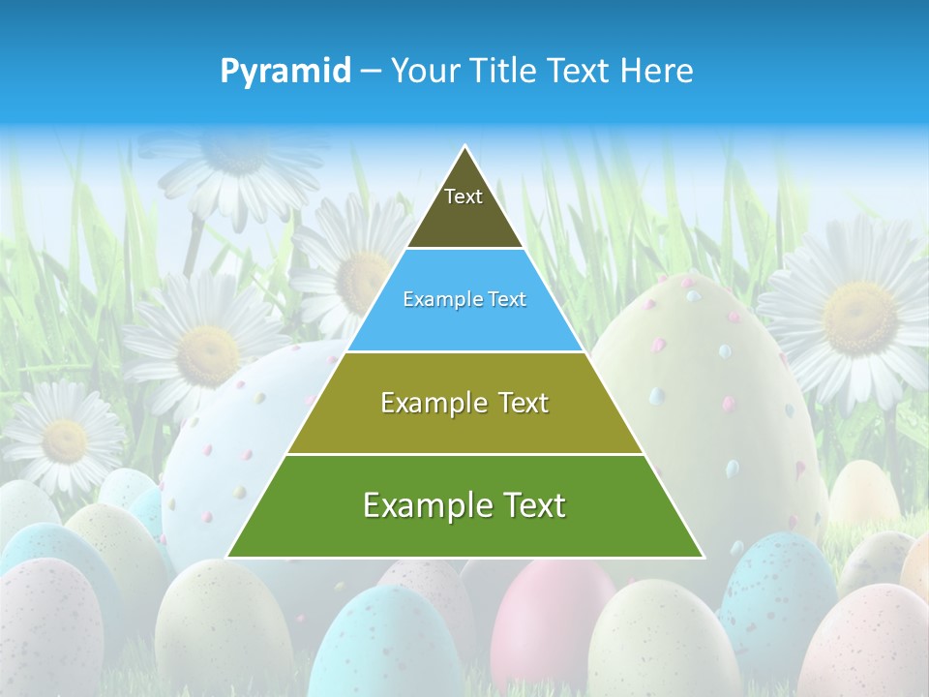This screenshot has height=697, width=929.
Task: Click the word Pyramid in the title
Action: click(x=285, y=71)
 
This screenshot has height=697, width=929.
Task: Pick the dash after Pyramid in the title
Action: click(x=370, y=72)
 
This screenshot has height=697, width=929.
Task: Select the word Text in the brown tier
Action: click(x=464, y=197)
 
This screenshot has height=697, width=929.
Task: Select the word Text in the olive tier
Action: click(x=524, y=403)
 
